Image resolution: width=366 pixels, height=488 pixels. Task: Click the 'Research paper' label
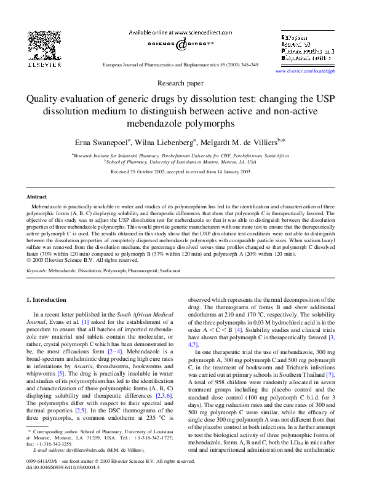point(183,82)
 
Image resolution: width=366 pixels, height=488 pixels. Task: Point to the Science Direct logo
point(182,45)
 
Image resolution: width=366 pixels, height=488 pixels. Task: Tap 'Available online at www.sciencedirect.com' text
point(183,31)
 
